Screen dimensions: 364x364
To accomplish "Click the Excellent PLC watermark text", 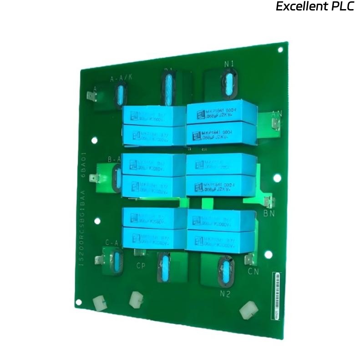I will (315, 7).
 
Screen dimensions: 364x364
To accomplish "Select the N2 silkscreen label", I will (225, 294).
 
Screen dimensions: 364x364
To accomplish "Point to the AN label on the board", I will (277, 113).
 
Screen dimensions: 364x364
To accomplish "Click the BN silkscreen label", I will (269, 213).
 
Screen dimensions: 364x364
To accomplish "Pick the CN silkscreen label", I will (253, 272).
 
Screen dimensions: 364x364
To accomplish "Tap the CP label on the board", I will (141, 265).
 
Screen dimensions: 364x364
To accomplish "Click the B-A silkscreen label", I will (114, 159).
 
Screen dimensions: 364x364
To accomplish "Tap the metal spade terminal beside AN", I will (275, 124).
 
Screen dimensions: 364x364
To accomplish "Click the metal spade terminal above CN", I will (249, 260).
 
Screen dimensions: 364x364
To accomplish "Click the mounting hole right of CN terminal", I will (268, 255).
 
